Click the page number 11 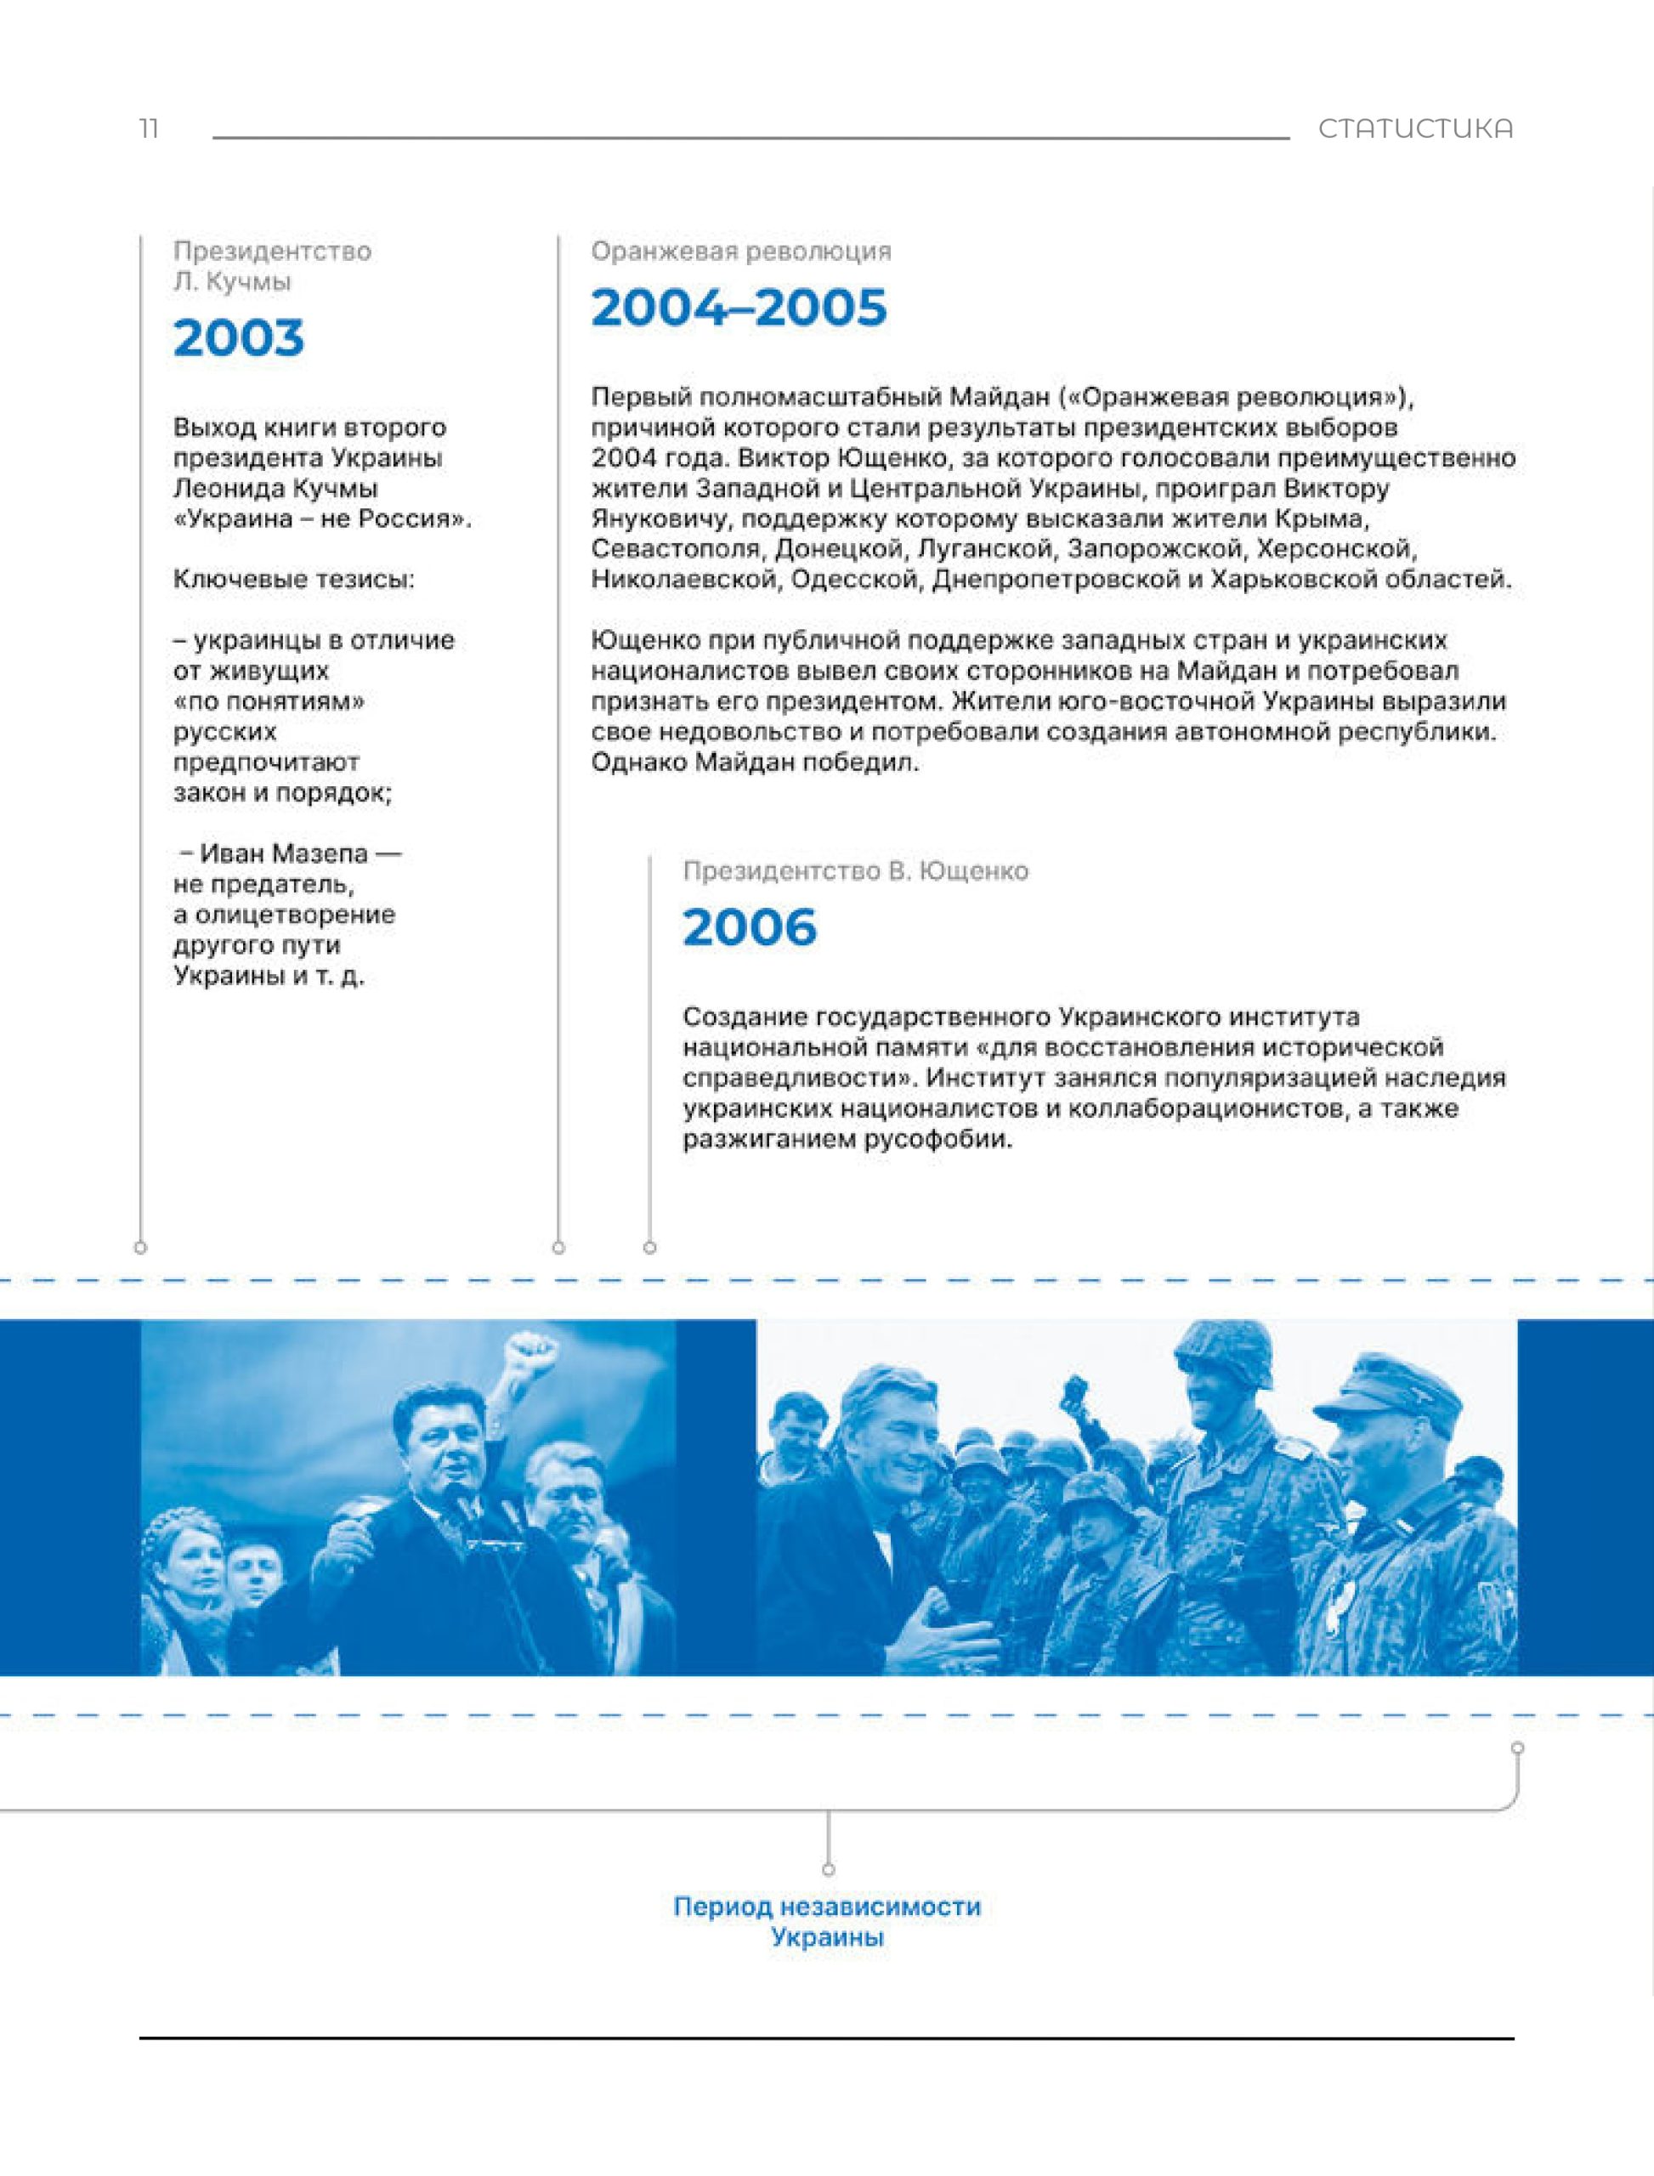149,128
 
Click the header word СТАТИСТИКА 1415,129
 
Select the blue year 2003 238,337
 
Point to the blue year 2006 749,926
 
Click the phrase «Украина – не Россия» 322,518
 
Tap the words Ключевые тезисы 293,579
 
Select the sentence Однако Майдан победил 754,762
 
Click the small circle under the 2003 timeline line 141,1248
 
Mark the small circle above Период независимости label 828,1869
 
